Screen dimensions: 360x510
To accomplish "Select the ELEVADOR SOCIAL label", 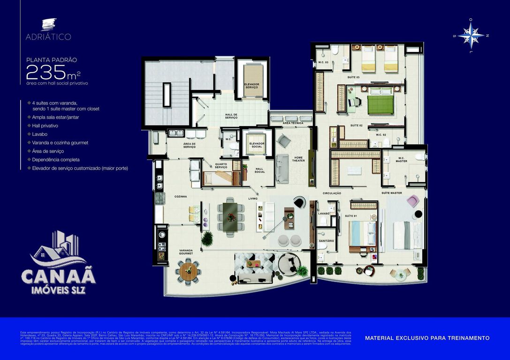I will point(257,144).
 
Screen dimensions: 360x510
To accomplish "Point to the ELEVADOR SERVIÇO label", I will point(251,86).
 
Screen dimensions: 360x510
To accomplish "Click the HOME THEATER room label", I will point(299,159).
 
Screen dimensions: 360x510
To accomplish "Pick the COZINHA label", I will point(181,196).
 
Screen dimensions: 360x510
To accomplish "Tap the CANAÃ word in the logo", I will point(58,276).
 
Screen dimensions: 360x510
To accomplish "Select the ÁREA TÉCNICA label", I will point(293,123).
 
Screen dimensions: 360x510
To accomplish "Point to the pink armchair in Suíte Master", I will point(413,201).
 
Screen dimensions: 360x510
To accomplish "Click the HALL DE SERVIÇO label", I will point(231,116).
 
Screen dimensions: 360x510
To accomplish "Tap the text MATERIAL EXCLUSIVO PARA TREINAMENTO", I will point(427,338).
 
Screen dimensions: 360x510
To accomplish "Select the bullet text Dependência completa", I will point(56,159).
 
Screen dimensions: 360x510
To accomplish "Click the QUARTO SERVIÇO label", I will point(221,166).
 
